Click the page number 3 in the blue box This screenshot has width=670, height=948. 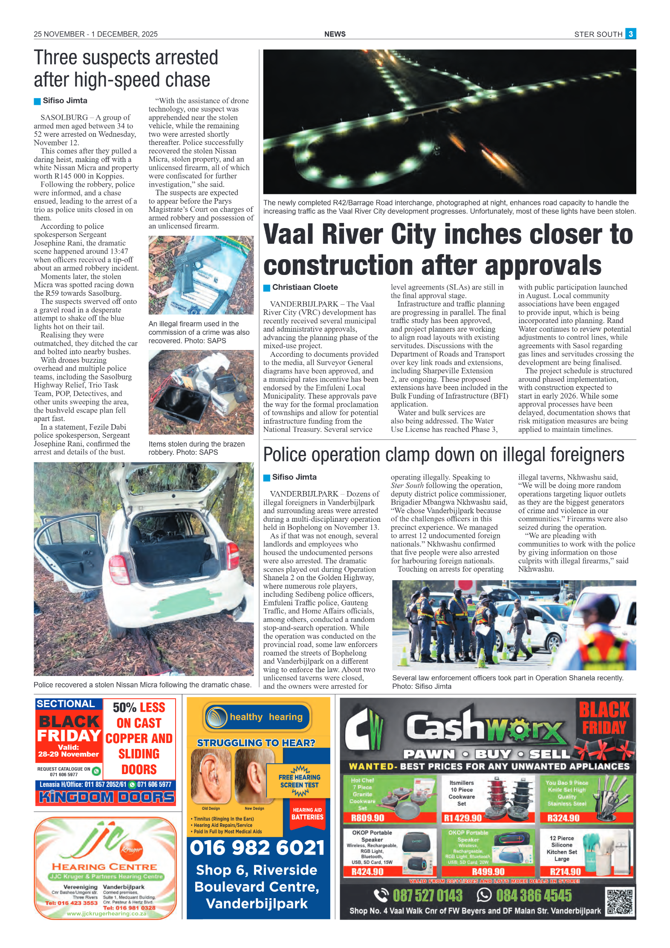pos(630,34)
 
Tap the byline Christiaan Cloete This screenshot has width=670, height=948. pos(305,287)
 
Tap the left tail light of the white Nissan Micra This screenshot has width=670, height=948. pos(118,569)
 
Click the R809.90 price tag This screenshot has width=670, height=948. pos(367,818)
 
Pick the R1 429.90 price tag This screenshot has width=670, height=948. pos(462,818)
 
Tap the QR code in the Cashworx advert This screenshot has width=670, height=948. pos(620,902)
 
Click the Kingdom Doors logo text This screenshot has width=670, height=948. pos(106,797)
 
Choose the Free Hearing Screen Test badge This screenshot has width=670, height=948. pos(299,781)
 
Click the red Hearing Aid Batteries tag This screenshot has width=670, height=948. pos(307,814)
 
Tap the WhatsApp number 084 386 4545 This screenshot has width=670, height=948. pos(533,896)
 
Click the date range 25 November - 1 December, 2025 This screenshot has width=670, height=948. pos(95,34)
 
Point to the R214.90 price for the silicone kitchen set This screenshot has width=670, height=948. pos(565,872)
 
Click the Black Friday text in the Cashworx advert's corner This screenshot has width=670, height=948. pos(604,719)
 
